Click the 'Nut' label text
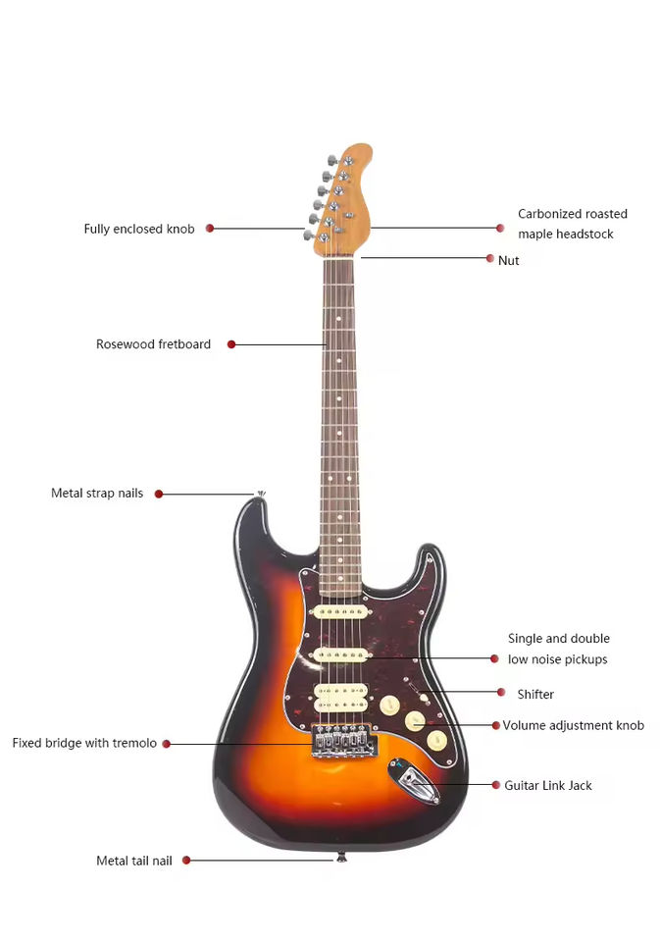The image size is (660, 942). pos(508,260)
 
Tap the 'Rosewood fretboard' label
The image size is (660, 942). pos(153,344)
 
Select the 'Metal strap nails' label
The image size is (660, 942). pos(97,494)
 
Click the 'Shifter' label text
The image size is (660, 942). pos(535,694)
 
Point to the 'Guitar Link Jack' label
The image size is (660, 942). pos(547,785)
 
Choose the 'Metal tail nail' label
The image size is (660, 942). pos(134,861)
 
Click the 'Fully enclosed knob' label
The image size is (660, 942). pos(139,229)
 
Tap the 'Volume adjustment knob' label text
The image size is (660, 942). pos(573,725)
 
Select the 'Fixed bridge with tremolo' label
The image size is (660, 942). pos(84,743)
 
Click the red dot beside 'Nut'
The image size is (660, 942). pos(490,258)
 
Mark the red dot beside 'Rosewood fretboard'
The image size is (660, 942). pos(231,344)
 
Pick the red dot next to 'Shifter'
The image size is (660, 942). pos(501,692)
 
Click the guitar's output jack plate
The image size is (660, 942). pos(414,782)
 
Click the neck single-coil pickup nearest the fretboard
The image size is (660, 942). pos(340,612)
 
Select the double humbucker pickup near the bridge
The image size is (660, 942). pos(340,698)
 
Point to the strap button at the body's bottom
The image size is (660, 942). pos(341,857)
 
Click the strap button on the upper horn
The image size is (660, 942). pos(261,495)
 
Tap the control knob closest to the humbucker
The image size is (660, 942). pos(389,706)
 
